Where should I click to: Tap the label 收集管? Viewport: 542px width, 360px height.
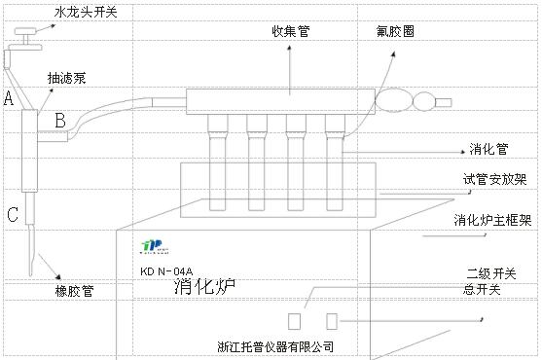pos(291,31)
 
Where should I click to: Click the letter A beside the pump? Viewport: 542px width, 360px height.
pos(9,98)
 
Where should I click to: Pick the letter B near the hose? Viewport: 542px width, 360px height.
pos(60,121)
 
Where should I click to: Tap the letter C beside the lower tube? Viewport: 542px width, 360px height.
pos(13,215)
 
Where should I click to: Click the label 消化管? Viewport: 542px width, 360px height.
pos(489,151)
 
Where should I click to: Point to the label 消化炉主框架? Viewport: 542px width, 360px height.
pos(492,221)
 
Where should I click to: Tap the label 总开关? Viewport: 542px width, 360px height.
pos(483,289)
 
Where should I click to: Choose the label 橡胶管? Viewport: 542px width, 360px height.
pos(75,290)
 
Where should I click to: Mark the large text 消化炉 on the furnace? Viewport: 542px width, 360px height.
pos(206,286)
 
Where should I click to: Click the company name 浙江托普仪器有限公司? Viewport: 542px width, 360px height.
pos(276,345)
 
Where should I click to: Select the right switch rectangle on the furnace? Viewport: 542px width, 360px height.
pos(332,321)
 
